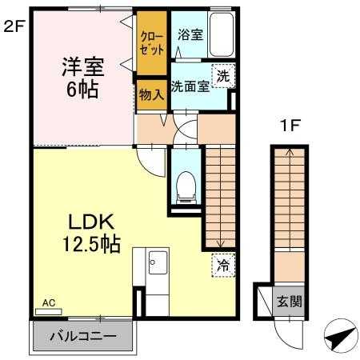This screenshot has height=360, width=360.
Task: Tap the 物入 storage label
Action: (x=150, y=94)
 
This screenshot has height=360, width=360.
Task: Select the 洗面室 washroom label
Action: (x=190, y=86)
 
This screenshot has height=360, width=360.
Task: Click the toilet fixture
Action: (x=185, y=185)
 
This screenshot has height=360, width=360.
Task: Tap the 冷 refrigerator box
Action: (x=222, y=266)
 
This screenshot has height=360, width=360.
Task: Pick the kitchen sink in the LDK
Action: (x=157, y=262)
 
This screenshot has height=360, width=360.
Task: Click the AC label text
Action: (x=48, y=302)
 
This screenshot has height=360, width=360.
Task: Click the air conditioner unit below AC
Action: (x=48, y=311)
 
